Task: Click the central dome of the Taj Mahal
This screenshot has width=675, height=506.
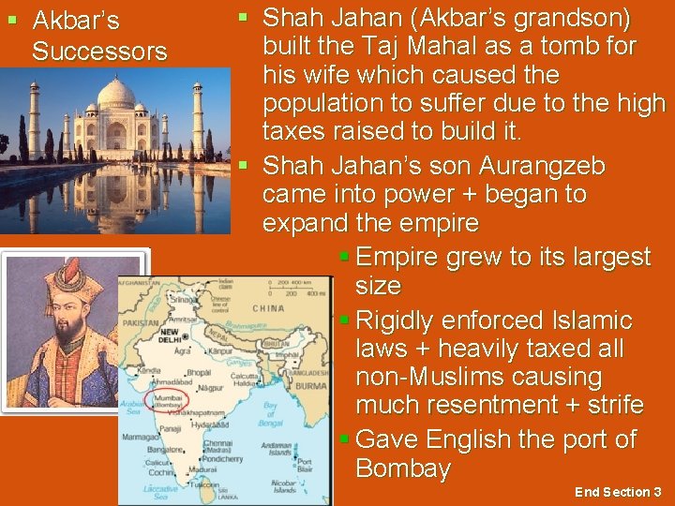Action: [116, 94]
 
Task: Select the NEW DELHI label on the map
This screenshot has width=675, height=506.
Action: [169, 335]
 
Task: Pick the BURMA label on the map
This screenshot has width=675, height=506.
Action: [311, 385]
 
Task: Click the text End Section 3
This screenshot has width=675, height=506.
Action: [618, 492]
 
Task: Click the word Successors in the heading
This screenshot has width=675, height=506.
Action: [99, 52]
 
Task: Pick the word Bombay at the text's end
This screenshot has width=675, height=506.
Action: [403, 468]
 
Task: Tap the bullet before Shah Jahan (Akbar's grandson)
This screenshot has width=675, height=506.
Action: [243, 18]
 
